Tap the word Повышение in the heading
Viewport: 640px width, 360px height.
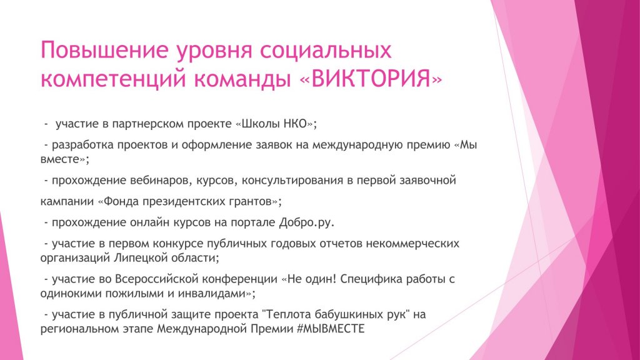point(104,50)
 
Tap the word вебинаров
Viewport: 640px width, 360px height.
point(161,180)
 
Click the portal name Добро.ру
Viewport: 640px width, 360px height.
point(306,222)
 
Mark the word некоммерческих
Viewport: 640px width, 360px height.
point(412,244)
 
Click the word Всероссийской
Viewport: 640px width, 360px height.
point(157,279)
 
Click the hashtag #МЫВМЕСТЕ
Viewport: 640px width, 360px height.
point(331,329)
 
